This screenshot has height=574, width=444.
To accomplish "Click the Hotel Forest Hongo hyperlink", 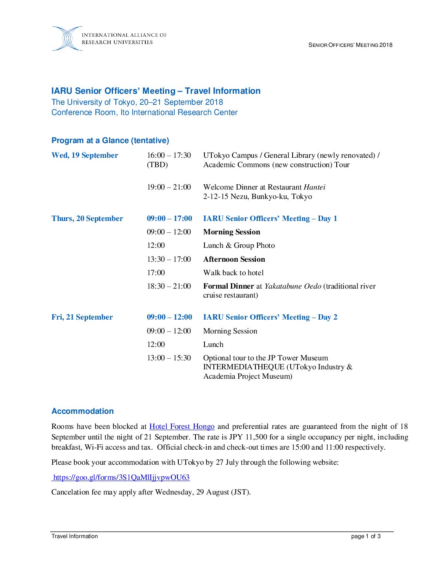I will pyautogui.click(x=182, y=426).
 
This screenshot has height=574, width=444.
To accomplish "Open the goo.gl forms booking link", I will pyautogui.click(x=121, y=477).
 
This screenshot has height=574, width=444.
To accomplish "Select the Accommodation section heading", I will pyautogui.click(x=82, y=411).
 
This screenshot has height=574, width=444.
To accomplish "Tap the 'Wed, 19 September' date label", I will pyautogui.click(x=84, y=155).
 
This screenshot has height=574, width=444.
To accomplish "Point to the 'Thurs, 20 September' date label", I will pyautogui.click(x=87, y=219).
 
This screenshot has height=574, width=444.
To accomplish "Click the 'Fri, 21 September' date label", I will pyautogui.click(x=82, y=317).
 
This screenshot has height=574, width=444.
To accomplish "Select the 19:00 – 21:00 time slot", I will pyautogui.click(x=169, y=187).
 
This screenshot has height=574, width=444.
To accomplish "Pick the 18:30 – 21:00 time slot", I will pyautogui.click(x=169, y=286).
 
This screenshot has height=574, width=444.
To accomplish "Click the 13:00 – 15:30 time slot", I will pyautogui.click(x=169, y=358).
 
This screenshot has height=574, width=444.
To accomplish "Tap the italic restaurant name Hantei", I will pyautogui.click(x=315, y=187).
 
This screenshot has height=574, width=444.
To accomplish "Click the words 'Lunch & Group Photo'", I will pyautogui.click(x=239, y=245).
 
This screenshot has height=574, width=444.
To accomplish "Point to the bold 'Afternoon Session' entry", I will pyautogui.click(x=234, y=259).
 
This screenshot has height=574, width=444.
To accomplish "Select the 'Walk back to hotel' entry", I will pyautogui.click(x=233, y=273).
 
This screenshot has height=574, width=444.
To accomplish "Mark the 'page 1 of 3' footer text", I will pyautogui.click(x=366, y=536).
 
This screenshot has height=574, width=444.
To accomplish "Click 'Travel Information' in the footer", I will pyautogui.click(x=75, y=536).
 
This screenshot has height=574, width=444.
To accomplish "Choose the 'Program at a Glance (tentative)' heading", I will pyautogui.click(x=110, y=141).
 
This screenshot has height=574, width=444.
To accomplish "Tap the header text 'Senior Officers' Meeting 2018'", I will pyautogui.click(x=350, y=45).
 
